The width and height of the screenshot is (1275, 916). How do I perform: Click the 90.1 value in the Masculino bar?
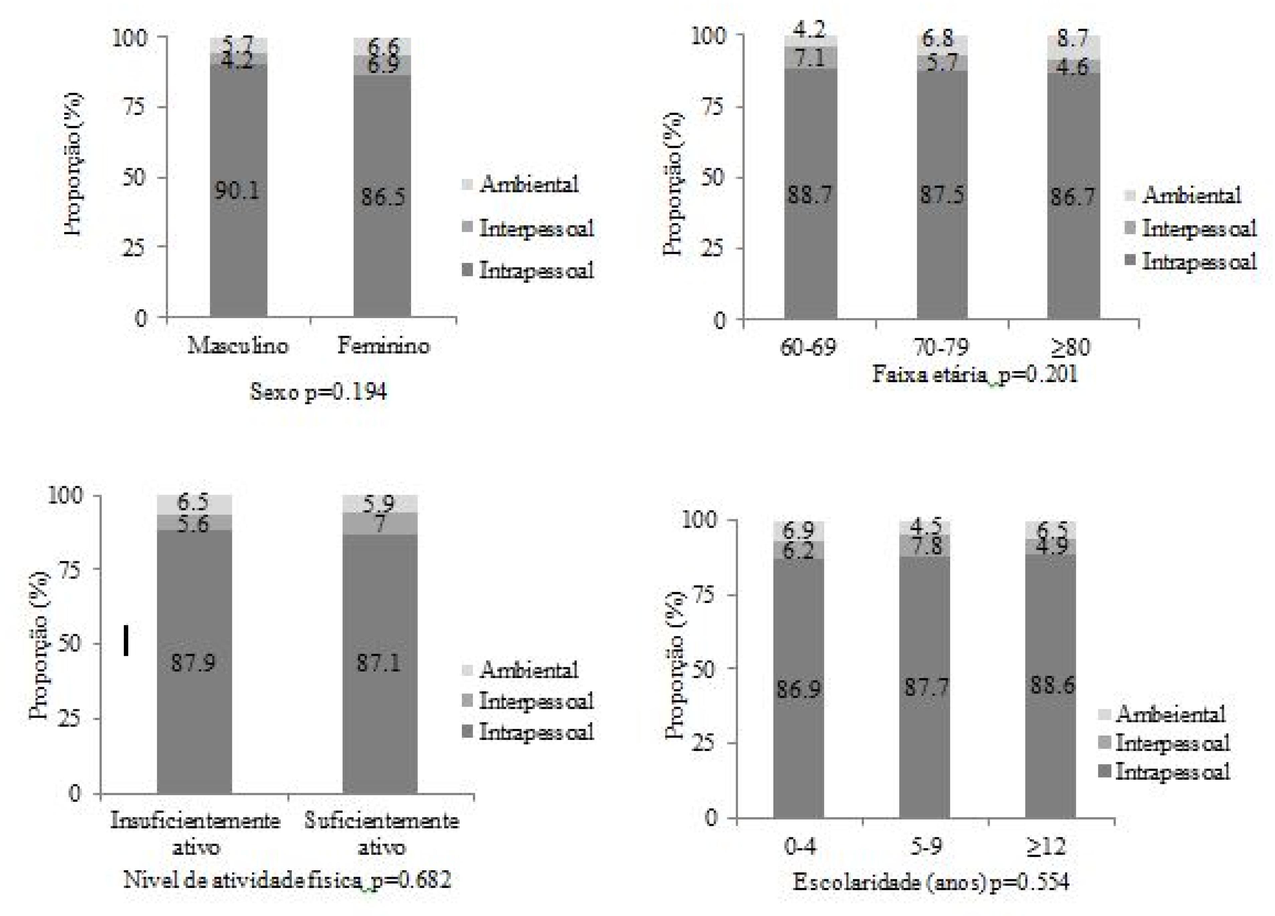click(237, 191)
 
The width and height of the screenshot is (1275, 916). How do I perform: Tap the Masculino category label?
click(238, 345)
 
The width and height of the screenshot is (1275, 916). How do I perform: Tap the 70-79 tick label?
click(941, 348)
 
